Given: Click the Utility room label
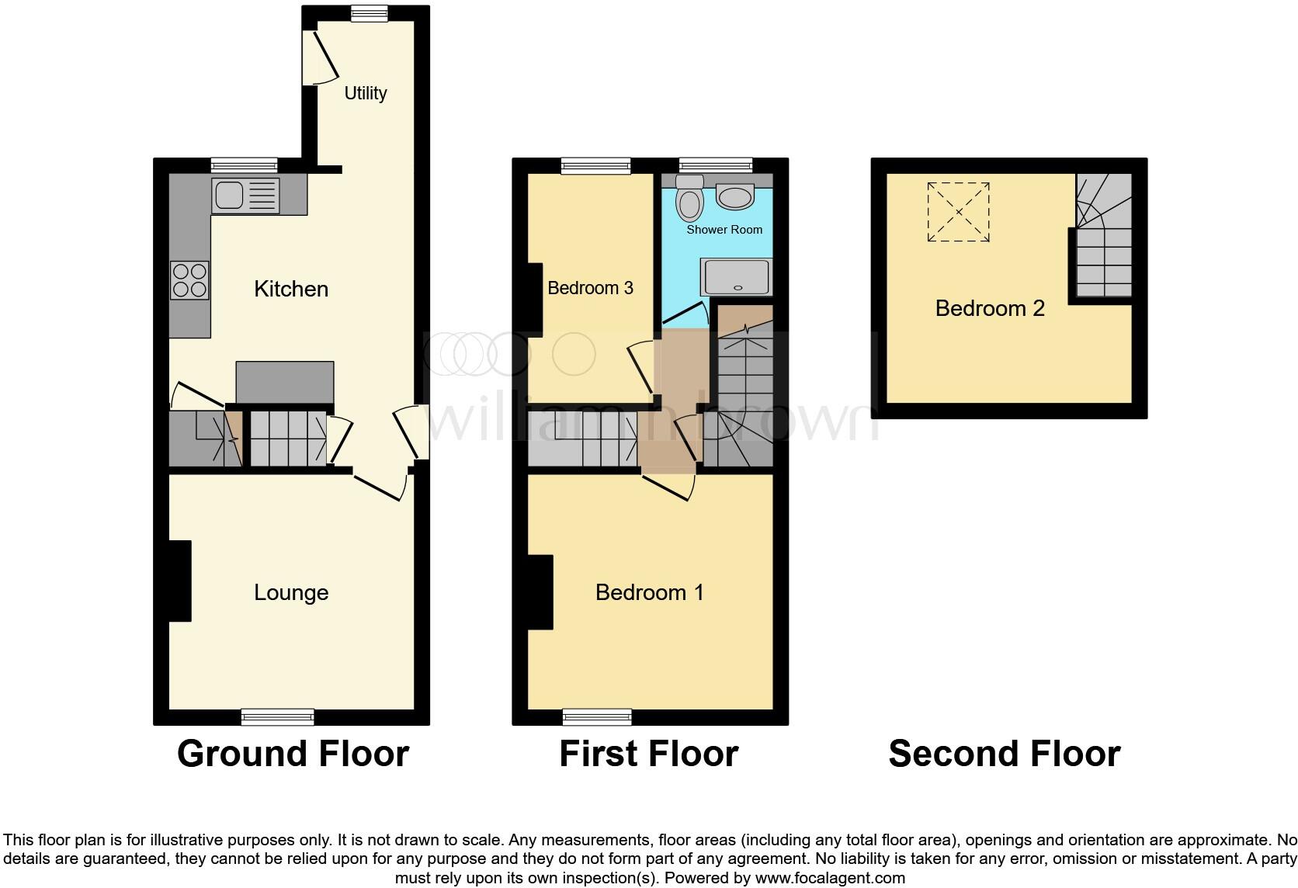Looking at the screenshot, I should pos(365,93).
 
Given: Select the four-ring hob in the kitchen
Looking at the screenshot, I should pos(190,280).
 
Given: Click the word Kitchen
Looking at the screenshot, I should pos(291,290).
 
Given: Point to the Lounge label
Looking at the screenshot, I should pos(291,593).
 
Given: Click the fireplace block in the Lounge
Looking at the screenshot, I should pos(180,581).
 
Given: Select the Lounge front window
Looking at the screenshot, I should pos(278,716).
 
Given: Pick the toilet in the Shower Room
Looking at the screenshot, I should pos(689,199).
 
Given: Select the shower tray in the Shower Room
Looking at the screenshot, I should pos(737,277).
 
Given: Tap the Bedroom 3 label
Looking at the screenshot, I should pos(590,289).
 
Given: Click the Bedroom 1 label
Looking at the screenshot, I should pos(649,593).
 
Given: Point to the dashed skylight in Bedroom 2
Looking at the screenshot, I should pos(959,212).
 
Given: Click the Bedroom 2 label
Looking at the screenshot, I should pos(990,309).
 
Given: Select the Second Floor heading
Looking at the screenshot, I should pos(1004,754).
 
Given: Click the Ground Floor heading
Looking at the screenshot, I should pos(293,754).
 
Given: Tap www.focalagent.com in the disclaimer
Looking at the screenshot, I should pos(829,879).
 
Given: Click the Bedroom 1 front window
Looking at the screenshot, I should pos(598,716).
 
